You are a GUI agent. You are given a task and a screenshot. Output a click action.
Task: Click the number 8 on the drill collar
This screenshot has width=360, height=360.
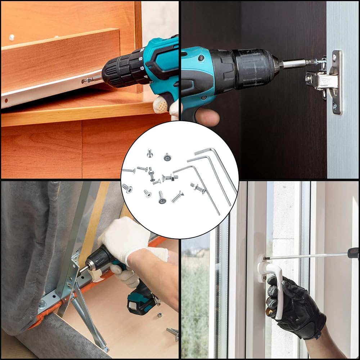tap(140, 59)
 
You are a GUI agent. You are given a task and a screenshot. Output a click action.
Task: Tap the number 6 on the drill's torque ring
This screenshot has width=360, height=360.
tap(142, 68)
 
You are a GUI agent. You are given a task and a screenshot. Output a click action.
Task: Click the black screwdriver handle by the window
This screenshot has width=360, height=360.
tap(353, 253)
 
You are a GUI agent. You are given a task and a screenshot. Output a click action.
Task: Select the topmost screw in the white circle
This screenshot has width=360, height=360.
tap(150, 153)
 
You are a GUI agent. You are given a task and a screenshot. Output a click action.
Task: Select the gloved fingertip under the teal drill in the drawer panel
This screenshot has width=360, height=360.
tap(161, 105)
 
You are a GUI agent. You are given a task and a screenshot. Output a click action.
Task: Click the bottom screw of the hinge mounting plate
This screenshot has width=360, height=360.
tap(335, 106)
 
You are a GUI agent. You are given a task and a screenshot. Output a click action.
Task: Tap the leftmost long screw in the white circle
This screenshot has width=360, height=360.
tap(129, 170)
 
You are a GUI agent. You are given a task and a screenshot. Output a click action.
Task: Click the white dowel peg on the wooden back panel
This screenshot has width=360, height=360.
tap(12, 37)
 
